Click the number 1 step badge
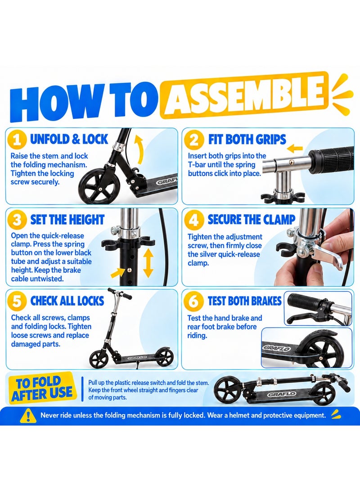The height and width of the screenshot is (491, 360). (16, 140)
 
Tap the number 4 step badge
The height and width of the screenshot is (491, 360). (194, 221)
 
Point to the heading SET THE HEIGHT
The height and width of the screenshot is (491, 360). (67, 220)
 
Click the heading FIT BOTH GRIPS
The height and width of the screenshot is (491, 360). (247, 140)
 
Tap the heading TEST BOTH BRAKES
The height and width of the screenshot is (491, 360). (244, 301)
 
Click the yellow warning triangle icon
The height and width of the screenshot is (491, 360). (28, 416)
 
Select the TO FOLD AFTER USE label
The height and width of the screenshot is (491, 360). (41, 388)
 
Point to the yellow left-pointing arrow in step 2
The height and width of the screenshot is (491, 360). (295, 149)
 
